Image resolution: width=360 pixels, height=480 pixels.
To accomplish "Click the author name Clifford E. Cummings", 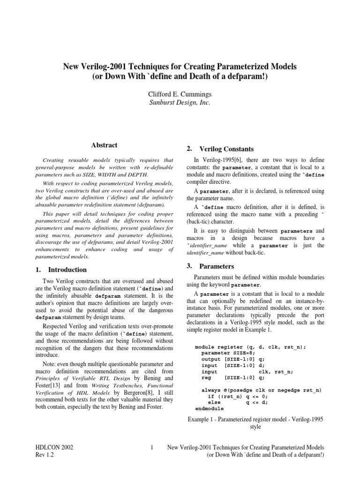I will (180, 94).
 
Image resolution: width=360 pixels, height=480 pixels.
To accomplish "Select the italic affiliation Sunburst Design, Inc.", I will (180, 102).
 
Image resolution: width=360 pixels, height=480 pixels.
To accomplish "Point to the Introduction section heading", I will (67, 270).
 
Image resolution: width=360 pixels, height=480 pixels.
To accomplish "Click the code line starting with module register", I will (250, 347).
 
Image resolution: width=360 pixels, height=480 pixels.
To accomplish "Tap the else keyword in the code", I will (214, 402).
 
